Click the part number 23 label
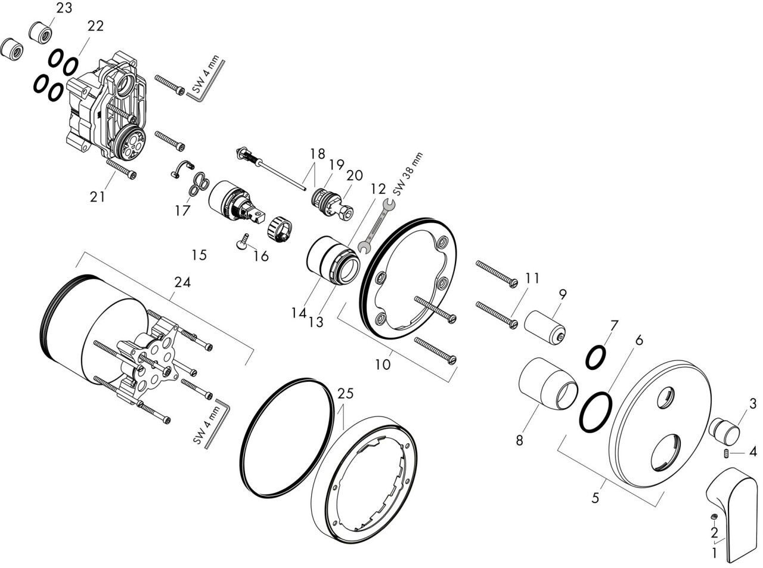tap(64, 8)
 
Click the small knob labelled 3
tap(724, 430)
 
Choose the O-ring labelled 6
tap(595, 412)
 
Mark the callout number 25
tap(345, 394)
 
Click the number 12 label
tap(378, 189)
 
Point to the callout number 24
tap(182, 283)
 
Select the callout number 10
tap(383, 363)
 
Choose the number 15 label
tap(199, 255)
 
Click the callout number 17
tap(182, 211)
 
